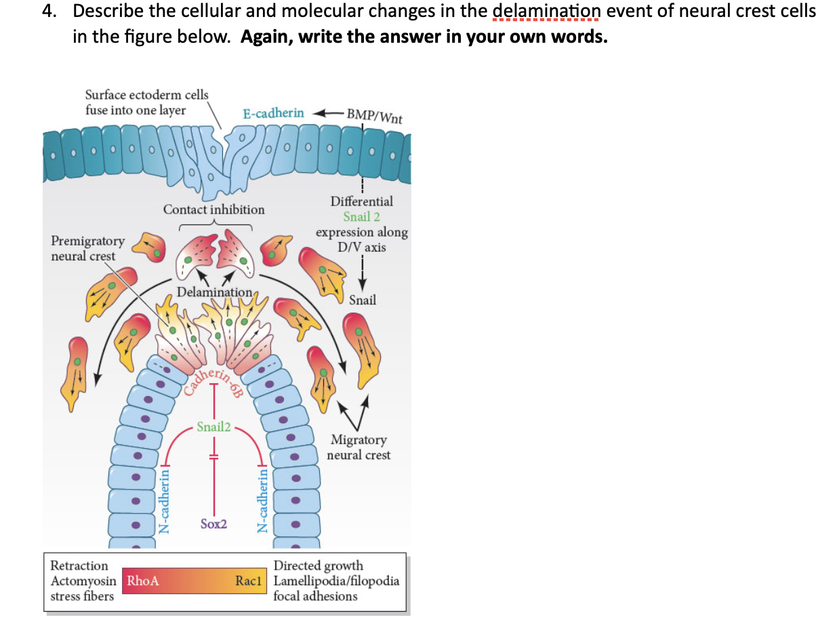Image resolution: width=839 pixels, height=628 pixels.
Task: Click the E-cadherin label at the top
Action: point(274,113)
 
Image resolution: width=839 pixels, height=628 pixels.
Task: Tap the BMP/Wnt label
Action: point(374,115)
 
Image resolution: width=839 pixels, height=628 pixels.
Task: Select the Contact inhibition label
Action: point(214,210)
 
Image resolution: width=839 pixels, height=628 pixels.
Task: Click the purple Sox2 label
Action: point(214,524)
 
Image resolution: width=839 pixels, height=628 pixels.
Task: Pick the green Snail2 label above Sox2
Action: point(213,427)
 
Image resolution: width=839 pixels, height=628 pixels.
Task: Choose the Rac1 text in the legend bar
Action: point(248,581)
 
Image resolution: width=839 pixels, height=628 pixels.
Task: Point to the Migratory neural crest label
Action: point(359,448)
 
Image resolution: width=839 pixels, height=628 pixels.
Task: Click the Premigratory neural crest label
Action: point(87,248)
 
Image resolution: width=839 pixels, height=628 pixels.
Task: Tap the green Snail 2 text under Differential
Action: point(361,217)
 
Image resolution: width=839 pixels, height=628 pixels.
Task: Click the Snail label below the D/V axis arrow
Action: point(363,300)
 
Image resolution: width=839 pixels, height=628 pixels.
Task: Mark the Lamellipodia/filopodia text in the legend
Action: point(336,581)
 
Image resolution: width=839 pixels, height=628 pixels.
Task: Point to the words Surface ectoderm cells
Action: point(147,95)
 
